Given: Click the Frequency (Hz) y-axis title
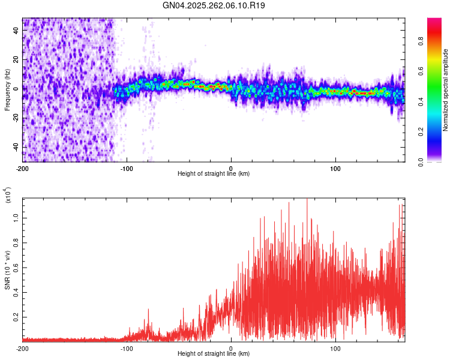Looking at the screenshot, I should click(x=7, y=90).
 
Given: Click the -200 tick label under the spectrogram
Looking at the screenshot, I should click(x=22, y=167).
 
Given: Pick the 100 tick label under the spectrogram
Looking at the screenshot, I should click(x=336, y=167).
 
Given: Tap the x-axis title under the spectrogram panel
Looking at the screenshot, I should click(x=214, y=174).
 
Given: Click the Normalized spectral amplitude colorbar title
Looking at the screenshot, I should click(x=446, y=90).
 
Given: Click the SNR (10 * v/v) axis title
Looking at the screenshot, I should click(x=7, y=270).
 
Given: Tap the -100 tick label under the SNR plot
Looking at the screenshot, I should click(x=127, y=348).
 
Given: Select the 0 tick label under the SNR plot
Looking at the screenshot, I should click(x=232, y=348).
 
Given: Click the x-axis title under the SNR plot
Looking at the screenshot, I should click(x=214, y=354).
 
